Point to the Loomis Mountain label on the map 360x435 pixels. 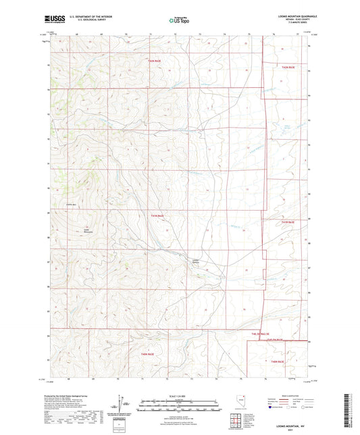(x=86, y=231)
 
